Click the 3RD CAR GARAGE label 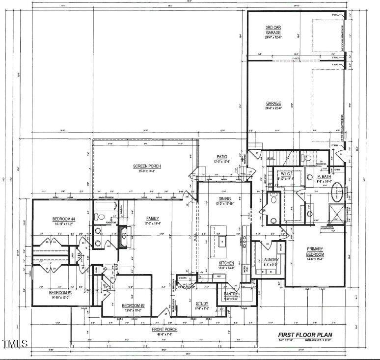(x=273, y=30)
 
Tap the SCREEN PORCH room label (x=147, y=166)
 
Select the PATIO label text (x=221, y=157)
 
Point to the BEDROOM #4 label (x=64, y=219)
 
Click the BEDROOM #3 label (x=60, y=293)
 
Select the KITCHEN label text (x=226, y=263)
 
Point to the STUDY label (x=202, y=304)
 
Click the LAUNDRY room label (x=271, y=260)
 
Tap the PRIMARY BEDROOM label (x=315, y=251)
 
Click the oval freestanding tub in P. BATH (x=339, y=193)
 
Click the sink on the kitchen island (x=221, y=242)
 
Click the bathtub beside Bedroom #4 (x=104, y=216)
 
